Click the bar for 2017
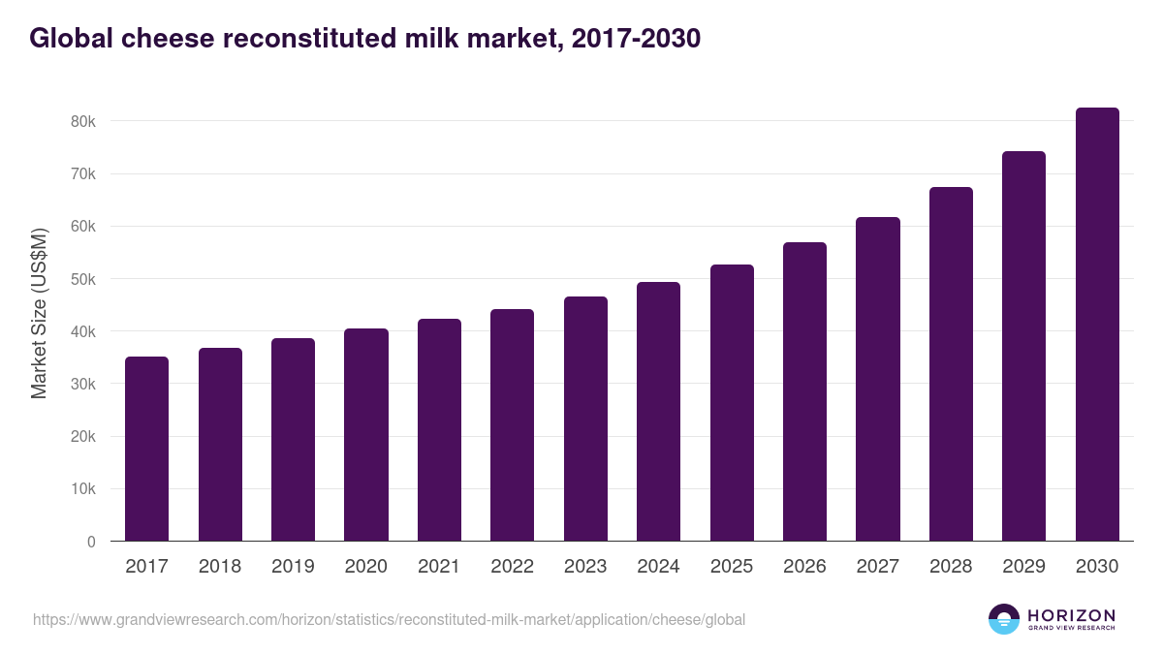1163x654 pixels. (x=146, y=449)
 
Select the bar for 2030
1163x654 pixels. (x=1097, y=325)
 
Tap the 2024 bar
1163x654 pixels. (x=658, y=412)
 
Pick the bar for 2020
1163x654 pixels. (x=366, y=435)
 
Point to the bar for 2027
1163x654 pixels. (x=878, y=379)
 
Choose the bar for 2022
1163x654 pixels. (x=513, y=425)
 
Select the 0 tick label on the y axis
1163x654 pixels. (x=91, y=542)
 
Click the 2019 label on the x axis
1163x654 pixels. (x=293, y=567)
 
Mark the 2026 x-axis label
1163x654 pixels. (x=804, y=567)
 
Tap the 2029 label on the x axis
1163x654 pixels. (x=1023, y=567)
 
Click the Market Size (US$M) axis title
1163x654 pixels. (x=39, y=314)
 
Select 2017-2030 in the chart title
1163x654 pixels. (x=636, y=40)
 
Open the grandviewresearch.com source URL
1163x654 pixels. (x=389, y=619)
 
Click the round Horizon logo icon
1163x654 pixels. (x=1004, y=619)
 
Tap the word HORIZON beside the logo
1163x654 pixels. (x=1071, y=614)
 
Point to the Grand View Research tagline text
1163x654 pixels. (x=1071, y=629)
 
